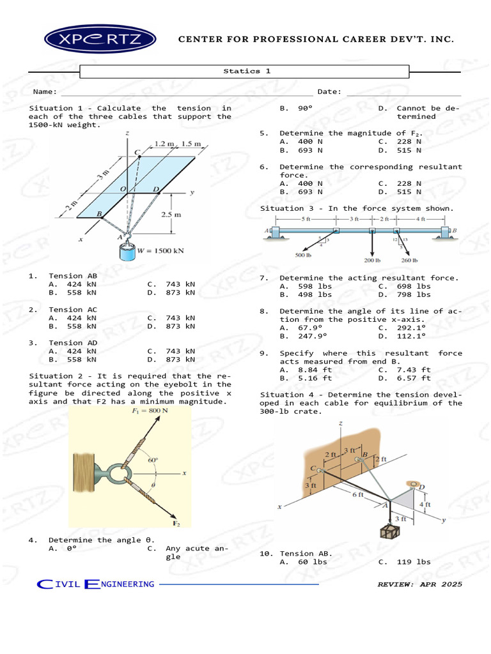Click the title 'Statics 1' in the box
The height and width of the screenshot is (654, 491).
point(246,72)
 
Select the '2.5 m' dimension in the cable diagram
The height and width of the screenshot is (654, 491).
point(171,215)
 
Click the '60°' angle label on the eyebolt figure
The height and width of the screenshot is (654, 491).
point(152,459)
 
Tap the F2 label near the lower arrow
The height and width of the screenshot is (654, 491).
point(177,524)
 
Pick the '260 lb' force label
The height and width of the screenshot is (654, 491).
point(409,261)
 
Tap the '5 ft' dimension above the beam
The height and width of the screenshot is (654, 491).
point(306,219)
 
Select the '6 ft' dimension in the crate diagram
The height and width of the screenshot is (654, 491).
point(357,494)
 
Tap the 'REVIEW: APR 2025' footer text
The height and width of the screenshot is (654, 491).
point(419,584)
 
